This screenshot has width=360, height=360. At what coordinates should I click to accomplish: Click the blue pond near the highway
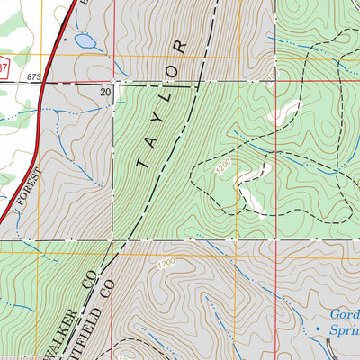pyautogui.click(x=86, y=40)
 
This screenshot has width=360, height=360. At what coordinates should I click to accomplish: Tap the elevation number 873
pyautogui.click(x=35, y=78)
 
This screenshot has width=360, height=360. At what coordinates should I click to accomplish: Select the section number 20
pyautogui.click(x=105, y=92)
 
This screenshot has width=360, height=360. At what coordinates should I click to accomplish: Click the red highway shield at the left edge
pyautogui.click(x=3, y=66)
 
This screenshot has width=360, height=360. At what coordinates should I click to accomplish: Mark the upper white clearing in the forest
pyautogui.click(x=281, y=112)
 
